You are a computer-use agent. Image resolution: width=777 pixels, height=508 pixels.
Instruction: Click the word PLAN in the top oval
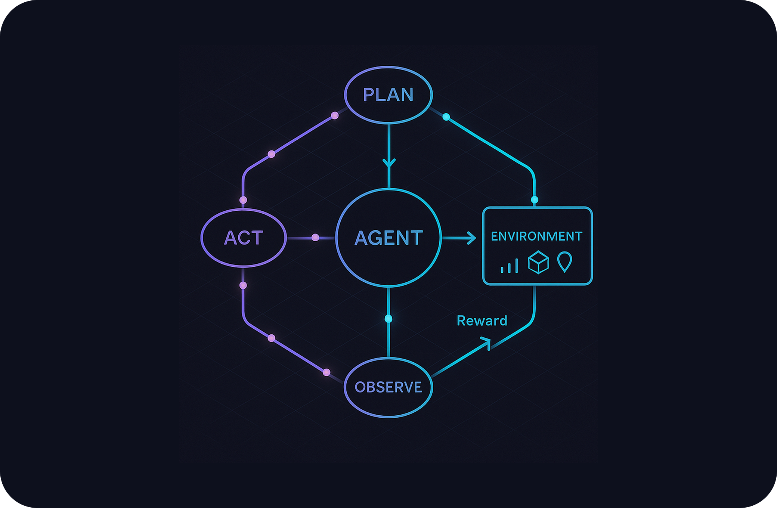pos(388,95)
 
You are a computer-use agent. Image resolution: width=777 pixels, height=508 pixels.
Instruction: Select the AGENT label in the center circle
pos(388,238)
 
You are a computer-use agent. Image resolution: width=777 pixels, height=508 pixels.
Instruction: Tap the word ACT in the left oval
pos(244,238)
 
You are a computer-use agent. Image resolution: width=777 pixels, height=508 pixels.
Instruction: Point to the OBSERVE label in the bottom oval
pos(388,387)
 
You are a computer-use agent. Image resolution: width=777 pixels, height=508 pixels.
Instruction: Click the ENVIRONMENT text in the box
pos(536,236)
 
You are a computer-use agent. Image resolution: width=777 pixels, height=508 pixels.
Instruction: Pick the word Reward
pos(482,321)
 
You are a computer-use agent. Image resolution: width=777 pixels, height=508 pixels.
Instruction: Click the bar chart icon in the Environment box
pos(509,266)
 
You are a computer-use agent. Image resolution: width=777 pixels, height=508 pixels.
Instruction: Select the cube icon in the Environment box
pos(538,262)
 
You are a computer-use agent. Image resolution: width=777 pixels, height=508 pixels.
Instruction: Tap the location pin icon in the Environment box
pos(564,261)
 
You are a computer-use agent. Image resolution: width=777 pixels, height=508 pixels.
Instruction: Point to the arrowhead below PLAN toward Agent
pos(389,163)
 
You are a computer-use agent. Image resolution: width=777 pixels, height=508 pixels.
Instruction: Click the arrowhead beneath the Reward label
pos(486,342)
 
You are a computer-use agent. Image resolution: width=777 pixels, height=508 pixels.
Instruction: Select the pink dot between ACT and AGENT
pos(315,238)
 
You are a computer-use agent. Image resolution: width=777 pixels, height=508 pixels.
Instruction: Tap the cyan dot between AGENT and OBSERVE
pos(388,319)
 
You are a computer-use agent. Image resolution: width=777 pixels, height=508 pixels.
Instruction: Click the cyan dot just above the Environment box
pos(535,200)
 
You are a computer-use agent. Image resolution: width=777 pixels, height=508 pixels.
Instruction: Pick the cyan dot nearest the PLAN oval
pos(446,117)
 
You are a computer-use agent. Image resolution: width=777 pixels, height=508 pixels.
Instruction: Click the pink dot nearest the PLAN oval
pos(335,115)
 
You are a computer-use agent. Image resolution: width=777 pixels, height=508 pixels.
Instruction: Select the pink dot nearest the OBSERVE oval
pos(326,372)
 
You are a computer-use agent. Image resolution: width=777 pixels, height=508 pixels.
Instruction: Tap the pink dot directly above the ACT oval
pos(243,200)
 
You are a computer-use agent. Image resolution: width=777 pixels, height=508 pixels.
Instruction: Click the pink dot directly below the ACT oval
pos(243,285)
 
